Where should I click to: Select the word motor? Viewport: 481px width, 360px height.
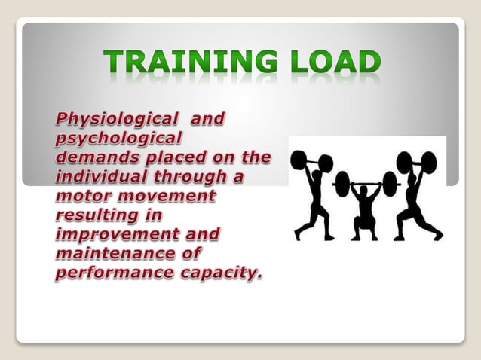coord(79,196)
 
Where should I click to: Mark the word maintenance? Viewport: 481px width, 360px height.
coord(105,255)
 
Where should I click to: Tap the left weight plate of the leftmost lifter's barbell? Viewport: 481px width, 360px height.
coord(299,160)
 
